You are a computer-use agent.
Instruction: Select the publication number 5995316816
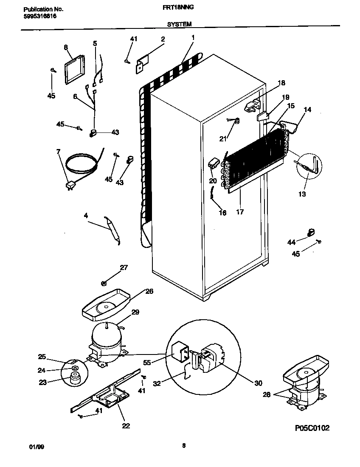tap(38, 16)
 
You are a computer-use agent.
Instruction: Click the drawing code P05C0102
tap(312, 428)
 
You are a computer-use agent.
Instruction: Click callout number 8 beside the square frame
tap(66, 48)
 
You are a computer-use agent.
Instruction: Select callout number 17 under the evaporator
tap(239, 211)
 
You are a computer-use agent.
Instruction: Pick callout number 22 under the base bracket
tap(126, 426)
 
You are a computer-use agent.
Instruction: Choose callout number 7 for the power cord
tap(59, 152)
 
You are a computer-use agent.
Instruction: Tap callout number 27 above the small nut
tap(124, 267)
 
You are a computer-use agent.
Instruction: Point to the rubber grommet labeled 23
tap(76, 378)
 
